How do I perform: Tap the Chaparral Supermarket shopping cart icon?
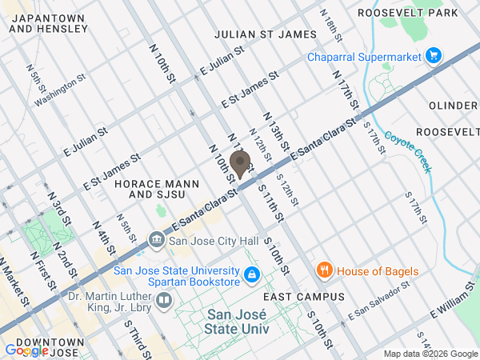[x=434, y=55]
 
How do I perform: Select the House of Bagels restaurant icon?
[x=324, y=270]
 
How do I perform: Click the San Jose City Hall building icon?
[x=157, y=240]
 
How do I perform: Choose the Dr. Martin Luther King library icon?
[x=165, y=300]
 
